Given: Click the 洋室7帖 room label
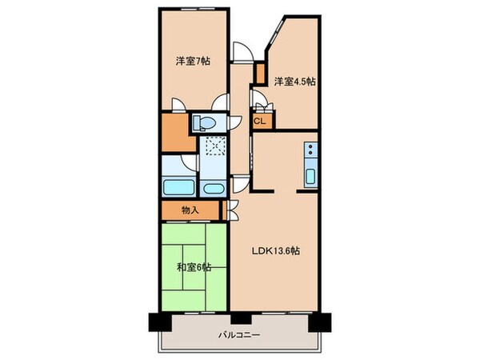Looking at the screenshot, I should click(193, 61).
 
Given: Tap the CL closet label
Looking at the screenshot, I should click(260, 121).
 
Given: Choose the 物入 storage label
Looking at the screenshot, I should click(190, 210).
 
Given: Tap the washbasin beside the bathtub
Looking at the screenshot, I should click(213, 190).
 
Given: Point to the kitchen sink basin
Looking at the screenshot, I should click(310, 174).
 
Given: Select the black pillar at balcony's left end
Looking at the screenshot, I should click(158, 321).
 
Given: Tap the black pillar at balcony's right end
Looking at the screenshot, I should click(322, 321).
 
